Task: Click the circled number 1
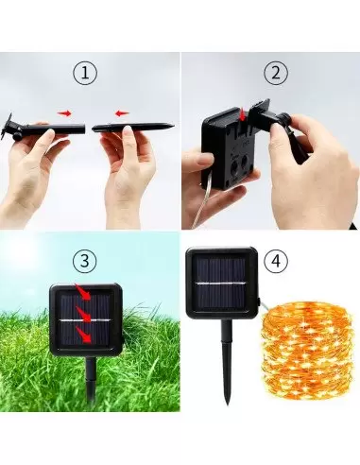pos(85,73)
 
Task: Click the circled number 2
pos(276,73)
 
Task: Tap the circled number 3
pos(85,261)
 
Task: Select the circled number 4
pos(276,261)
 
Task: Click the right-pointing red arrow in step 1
pos(64,113)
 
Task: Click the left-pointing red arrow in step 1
pos(122,113)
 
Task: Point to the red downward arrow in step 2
pos(243,115)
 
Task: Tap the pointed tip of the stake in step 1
pos(174,126)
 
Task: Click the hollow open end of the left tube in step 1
pos(84,129)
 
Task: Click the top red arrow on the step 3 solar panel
pos(83,292)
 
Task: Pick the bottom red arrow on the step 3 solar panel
pos(84,335)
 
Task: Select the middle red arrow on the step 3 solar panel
pos(84,314)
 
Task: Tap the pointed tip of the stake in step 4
pos(228,404)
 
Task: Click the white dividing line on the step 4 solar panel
pos(220,284)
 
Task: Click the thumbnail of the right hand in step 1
pos(127,129)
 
